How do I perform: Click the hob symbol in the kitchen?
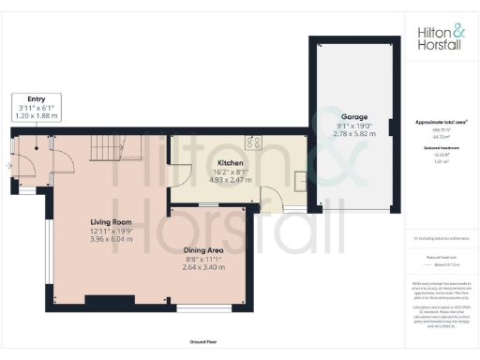pos(252,143)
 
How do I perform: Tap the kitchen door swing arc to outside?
pos(273,196)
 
